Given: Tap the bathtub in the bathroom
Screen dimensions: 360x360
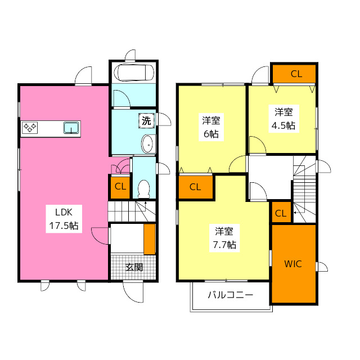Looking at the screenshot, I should [x=133, y=73].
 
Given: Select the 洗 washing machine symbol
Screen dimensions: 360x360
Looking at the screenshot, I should [x=146, y=120].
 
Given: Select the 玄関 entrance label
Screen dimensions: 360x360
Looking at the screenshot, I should [x=133, y=267].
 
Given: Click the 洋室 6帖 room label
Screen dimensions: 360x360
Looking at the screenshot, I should [x=211, y=127].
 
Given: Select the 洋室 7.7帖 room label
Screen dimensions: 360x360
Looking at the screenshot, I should [x=224, y=238].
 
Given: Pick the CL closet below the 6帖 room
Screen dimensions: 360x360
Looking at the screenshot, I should [x=195, y=187].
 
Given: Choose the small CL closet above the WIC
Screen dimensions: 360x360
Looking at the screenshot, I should [x=281, y=213].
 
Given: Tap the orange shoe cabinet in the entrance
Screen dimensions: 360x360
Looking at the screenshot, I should [x=150, y=239].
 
